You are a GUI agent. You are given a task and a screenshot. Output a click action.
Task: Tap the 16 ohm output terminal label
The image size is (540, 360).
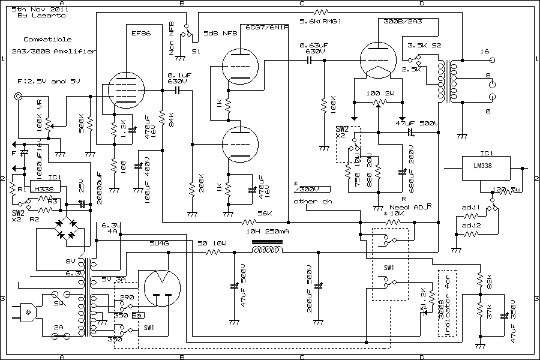pyautogui.click(x=485, y=52)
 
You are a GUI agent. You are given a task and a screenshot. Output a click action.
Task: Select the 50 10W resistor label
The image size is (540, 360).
pyautogui.click(x=212, y=243)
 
